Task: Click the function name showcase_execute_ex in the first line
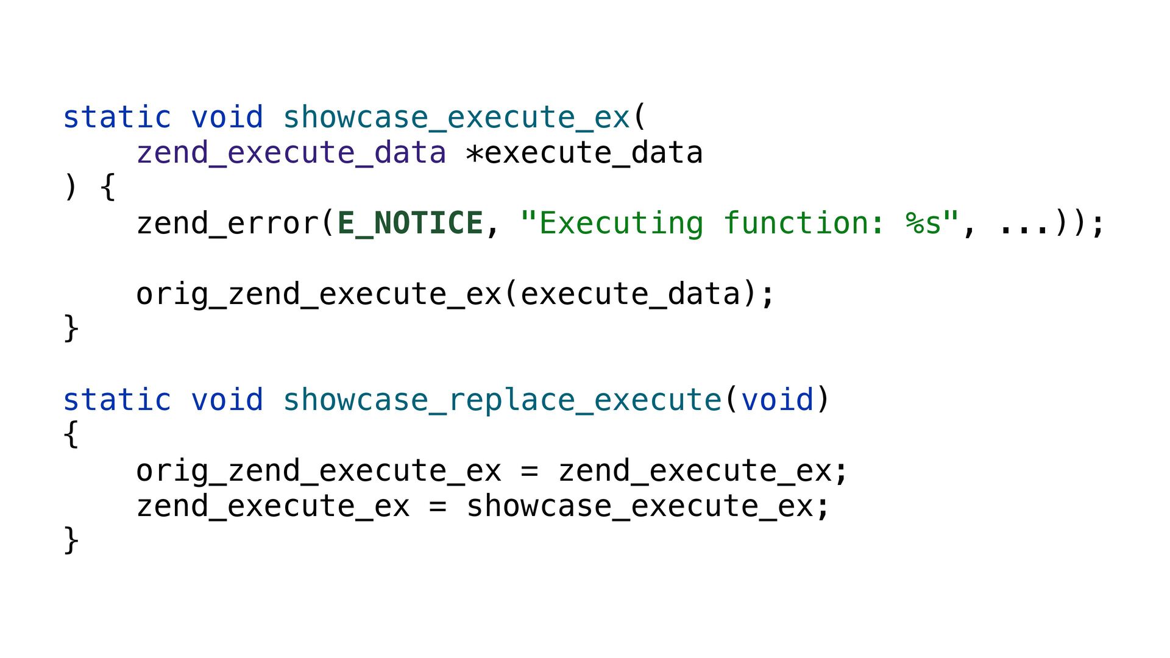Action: pos(456,117)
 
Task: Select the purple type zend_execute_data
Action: pos(291,152)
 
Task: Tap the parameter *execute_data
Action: pos(584,152)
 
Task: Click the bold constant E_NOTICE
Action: pos(410,223)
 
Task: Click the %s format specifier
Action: pos(924,223)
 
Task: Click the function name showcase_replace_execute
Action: pos(502,400)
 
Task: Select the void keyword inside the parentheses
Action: pos(778,400)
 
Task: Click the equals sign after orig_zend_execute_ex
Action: pos(530,471)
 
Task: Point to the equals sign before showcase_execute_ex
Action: pos(438,506)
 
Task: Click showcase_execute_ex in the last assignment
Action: pos(640,506)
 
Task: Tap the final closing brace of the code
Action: pos(71,540)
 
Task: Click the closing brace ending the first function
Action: pos(71,328)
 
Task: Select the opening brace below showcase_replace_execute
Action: pos(71,434)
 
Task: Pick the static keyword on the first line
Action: pos(117,117)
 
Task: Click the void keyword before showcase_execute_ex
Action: pos(227,117)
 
